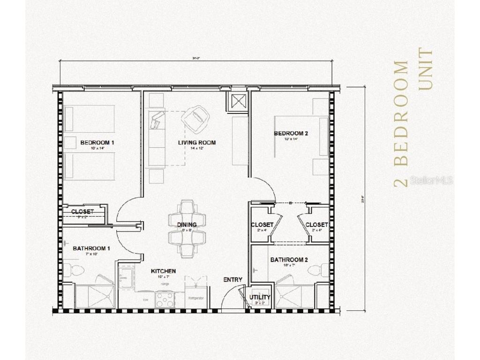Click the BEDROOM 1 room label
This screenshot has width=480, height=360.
click(x=97, y=142)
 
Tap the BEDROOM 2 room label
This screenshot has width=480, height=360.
click(x=291, y=133)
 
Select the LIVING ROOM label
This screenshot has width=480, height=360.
click(x=197, y=142)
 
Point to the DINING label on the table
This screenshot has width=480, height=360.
click(x=187, y=225)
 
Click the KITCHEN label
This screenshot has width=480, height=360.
click(x=163, y=271)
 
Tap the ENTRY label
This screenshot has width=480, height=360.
click(x=232, y=280)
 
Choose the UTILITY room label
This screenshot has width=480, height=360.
click(x=259, y=297)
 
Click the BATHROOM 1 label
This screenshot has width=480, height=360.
click(x=91, y=248)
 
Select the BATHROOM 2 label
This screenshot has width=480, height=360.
click(x=289, y=260)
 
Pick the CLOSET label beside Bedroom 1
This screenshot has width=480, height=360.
click(x=82, y=212)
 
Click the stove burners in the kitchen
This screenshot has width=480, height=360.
click(x=165, y=297)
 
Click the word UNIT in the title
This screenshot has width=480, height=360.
click(x=426, y=68)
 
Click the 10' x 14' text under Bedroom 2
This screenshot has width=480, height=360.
click(x=290, y=139)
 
